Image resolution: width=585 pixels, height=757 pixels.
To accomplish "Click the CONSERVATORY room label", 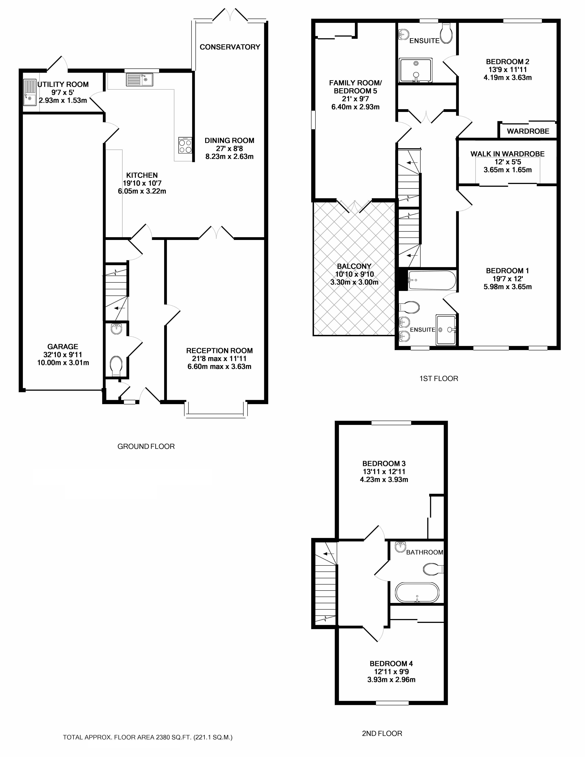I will coord(230,47).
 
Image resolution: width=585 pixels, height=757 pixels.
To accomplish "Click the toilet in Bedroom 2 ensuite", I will coord(446,34).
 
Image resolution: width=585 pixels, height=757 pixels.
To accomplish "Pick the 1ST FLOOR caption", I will coord(439,378).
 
